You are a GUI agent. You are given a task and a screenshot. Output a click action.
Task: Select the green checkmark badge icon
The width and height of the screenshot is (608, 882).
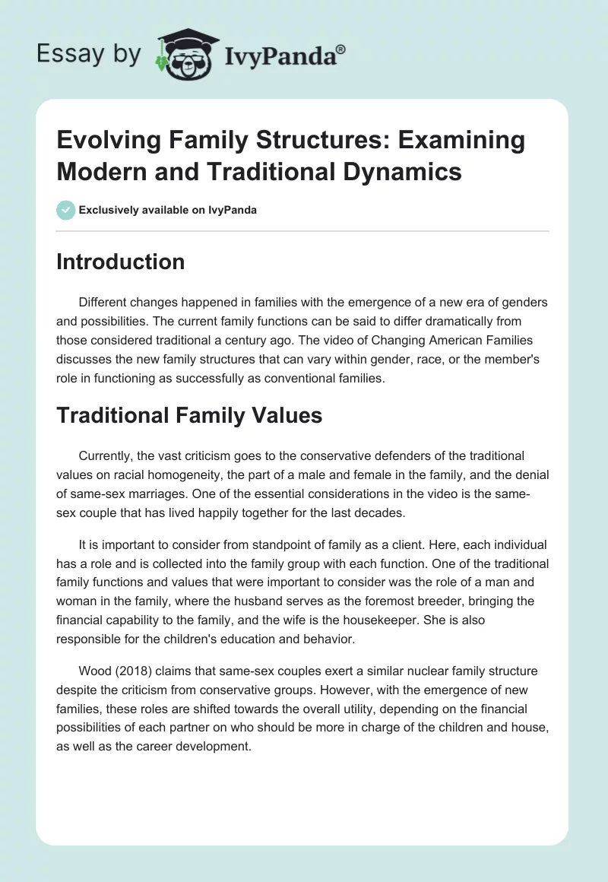coord(65,210)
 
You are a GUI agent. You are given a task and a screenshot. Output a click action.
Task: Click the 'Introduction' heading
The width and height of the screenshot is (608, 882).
coord(120,262)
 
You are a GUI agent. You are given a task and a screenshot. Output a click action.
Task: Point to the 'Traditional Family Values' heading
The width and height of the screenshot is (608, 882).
coord(189,415)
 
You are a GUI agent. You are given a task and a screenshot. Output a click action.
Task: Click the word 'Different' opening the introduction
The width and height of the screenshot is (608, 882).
coord(103,303)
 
